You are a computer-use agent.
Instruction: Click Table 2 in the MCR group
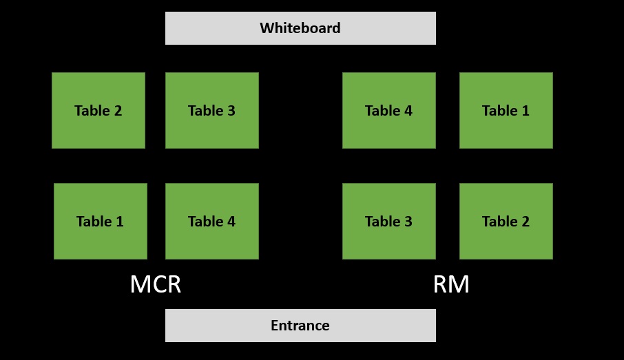pyautogui.click(x=98, y=110)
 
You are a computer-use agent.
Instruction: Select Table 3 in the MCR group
pyautogui.click(x=212, y=110)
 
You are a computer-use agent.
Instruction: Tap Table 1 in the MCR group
pyautogui.click(x=101, y=221)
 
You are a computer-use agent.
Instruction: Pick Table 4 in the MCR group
pyautogui.click(x=212, y=221)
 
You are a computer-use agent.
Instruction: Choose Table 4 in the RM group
pyautogui.click(x=389, y=110)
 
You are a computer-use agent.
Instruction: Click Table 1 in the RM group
pyautogui.click(x=506, y=110)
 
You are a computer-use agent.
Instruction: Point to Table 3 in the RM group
pyautogui.click(x=389, y=221)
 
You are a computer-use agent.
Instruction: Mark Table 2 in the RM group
pyautogui.click(x=506, y=221)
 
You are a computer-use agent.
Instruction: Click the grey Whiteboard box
pyautogui.click(x=300, y=28)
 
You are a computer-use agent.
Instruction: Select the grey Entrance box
pyautogui.click(x=300, y=326)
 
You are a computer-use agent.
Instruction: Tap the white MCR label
pyautogui.click(x=156, y=284)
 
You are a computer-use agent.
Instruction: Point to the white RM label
pyautogui.click(x=451, y=284)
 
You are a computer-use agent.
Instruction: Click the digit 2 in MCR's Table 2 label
pyautogui.click(x=118, y=111)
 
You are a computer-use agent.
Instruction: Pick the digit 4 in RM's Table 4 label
pyautogui.click(x=408, y=111)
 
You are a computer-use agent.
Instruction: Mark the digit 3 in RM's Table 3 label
pyautogui.click(x=408, y=222)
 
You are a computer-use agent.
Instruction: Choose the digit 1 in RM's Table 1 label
pyautogui.click(x=526, y=111)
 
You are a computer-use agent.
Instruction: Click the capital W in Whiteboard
pyautogui.click(x=267, y=28)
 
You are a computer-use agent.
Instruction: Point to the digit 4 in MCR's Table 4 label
pyautogui.click(x=231, y=222)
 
